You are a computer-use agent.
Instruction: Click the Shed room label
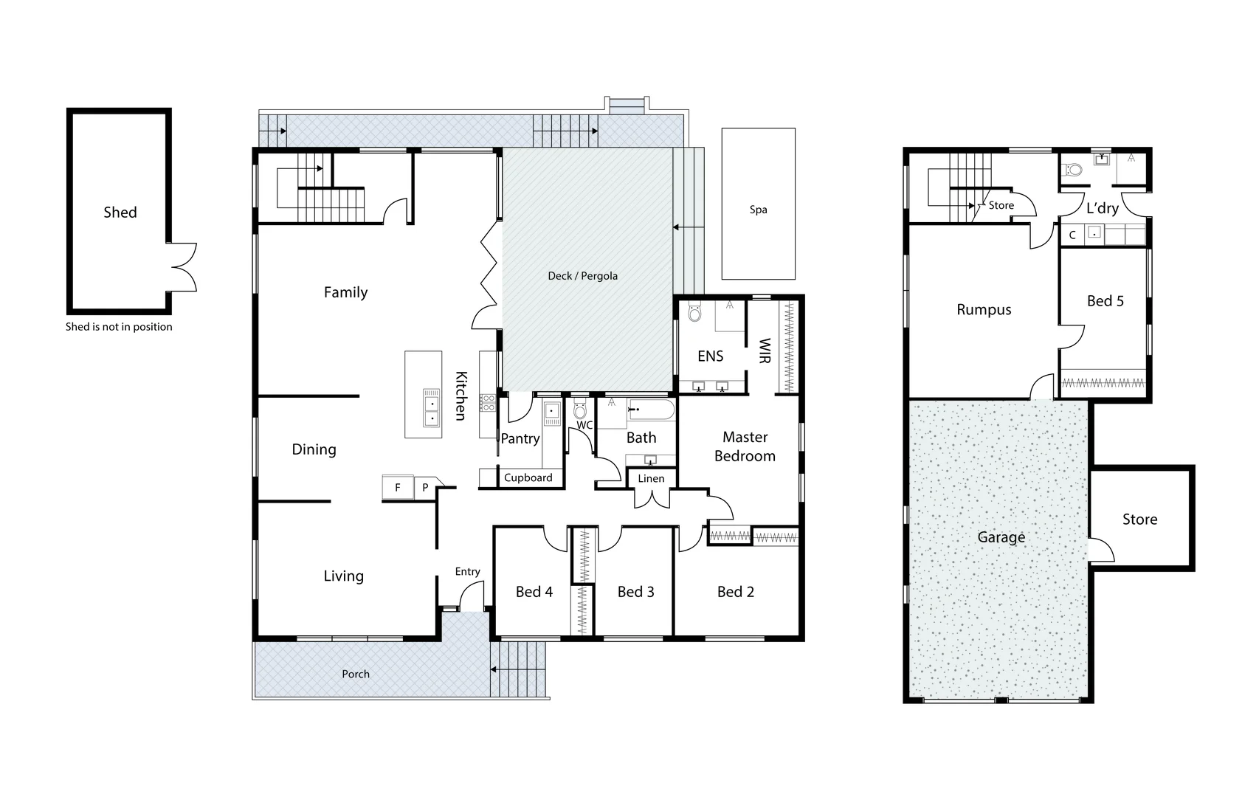120,213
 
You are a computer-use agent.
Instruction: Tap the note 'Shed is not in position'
119,327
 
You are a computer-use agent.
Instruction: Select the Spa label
758,210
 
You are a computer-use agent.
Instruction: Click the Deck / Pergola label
582,276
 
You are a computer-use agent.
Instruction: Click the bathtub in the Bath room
651,410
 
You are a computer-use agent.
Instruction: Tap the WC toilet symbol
580,410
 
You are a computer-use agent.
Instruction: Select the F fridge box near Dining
398,487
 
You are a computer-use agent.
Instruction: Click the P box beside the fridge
425,487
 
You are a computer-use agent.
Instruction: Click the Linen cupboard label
651,478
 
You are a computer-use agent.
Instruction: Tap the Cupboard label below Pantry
528,477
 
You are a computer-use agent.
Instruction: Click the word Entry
467,571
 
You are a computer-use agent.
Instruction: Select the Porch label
356,674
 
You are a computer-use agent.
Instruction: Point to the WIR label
765,351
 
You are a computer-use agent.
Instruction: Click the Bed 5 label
1105,301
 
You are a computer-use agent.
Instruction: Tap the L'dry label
1102,208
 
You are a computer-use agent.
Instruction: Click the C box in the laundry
1072,235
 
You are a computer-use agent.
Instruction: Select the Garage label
1001,537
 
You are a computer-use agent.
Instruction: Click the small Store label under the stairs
1001,205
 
